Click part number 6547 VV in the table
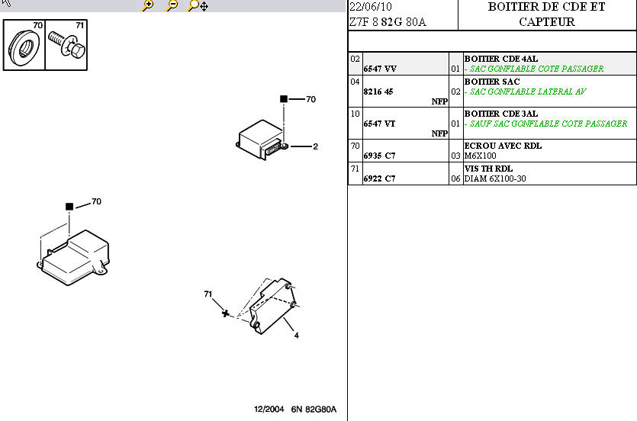pos(380,69)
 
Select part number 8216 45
pos(378,92)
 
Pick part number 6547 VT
pos(379,124)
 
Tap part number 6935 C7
pos(379,156)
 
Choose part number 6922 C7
pos(379,178)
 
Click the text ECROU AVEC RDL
pos(503,146)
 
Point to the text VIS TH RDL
pos(488,169)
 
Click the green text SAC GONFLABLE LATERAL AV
pos(528,92)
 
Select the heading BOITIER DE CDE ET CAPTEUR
pos(547,14)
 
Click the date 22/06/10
pos(371,7)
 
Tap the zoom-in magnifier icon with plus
pos(147,5)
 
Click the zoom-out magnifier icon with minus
pos(172,5)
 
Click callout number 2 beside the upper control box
pos(315,146)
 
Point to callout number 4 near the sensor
pos(297,336)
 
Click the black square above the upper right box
pos(284,98)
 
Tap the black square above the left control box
pos(69,207)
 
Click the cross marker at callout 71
pos(226,313)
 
